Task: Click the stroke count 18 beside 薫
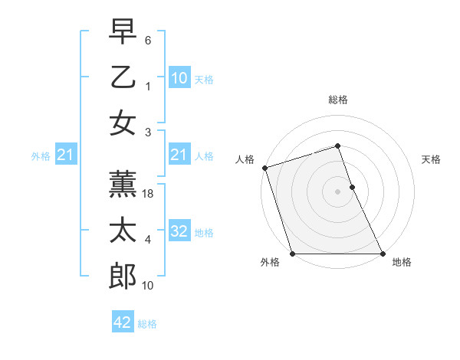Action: (149, 195)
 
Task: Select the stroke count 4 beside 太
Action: (148, 240)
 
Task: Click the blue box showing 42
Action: (123, 322)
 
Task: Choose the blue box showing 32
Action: (179, 231)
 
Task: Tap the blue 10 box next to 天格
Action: (179, 78)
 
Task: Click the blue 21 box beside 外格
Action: (65, 155)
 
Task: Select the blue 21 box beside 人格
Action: (179, 155)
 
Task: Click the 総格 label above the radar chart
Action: (338, 100)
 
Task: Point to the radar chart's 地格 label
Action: (402, 262)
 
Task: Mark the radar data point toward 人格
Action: (264, 168)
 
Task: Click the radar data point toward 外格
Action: (292, 254)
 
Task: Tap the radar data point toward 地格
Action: (383, 254)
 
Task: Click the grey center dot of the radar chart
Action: (337, 191)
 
